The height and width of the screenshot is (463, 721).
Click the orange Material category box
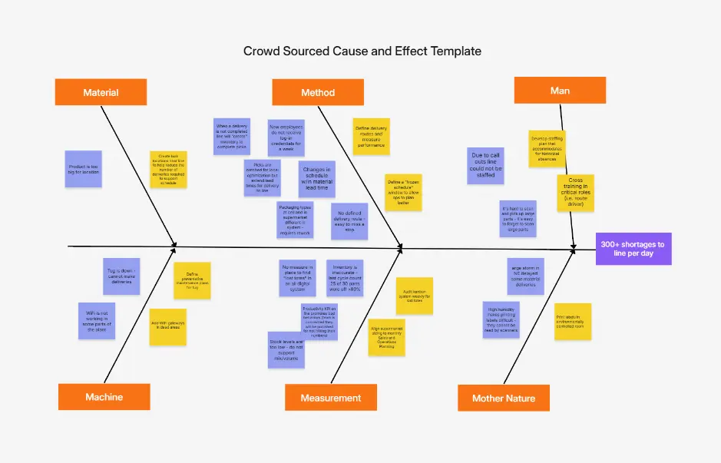click(101, 92)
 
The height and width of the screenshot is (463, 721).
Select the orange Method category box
click(318, 92)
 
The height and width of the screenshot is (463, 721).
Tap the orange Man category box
click(560, 91)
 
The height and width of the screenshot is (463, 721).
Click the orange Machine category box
click(104, 397)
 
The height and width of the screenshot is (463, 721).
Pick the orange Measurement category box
click(331, 398)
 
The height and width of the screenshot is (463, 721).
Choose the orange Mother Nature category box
click(504, 398)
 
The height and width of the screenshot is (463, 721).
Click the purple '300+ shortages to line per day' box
click(633, 249)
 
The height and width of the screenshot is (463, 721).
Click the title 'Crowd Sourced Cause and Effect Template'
click(362, 51)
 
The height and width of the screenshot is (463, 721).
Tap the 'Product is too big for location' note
click(84, 170)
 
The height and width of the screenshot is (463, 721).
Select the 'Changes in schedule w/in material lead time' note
click(316, 178)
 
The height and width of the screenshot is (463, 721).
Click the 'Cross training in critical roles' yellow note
click(575, 193)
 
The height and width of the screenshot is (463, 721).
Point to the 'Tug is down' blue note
click(121, 276)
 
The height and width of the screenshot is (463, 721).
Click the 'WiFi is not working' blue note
click(97, 321)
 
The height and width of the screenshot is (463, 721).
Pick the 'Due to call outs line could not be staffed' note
click(485, 166)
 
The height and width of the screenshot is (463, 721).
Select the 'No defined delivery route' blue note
click(349, 222)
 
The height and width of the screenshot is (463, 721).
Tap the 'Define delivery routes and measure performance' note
click(371, 136)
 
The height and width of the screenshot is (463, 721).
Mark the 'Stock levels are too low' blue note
click(286, 349)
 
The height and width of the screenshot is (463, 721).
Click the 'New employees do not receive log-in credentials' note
click(286, 138)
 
